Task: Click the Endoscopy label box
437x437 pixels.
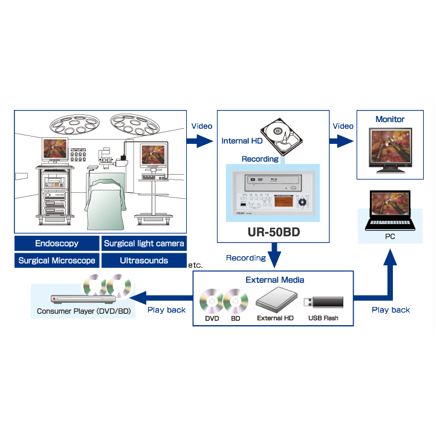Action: [56, 244]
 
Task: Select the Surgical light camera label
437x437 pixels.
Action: [144, 244]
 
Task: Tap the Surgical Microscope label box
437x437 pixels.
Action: [56, 261]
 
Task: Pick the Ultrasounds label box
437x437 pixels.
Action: [144, 261]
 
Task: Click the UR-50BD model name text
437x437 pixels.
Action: [274, 231]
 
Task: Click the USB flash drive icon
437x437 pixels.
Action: [323, 302]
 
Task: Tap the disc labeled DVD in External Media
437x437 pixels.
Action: [212, 300]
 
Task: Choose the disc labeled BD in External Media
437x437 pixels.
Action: [235, 300]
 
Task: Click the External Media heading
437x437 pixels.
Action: [275, 280]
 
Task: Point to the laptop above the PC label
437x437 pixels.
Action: [390, 211]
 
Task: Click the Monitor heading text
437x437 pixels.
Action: [390, 120]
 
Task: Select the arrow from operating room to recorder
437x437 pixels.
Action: [199, 141]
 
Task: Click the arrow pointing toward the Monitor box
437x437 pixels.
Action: [342, 141]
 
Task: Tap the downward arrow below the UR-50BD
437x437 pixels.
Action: [275, 254]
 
